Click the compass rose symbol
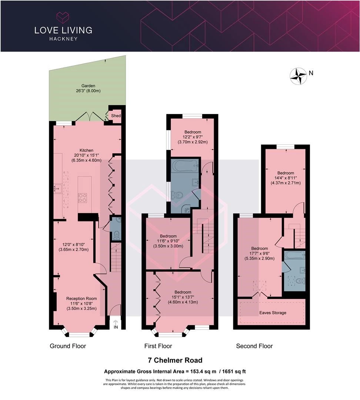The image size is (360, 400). coord(298,76)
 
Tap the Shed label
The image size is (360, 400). coord(116,116)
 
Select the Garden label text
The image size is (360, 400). coord(88,86)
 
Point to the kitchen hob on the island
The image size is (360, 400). coord(83,198)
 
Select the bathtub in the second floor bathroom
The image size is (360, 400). coord(295,254)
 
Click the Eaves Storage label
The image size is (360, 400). coord(273,313)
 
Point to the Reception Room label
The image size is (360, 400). coord(81,299)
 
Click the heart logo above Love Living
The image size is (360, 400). coord(63,17)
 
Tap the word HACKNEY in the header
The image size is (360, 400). coord(63,39)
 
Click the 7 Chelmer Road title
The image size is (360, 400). coord(175,360)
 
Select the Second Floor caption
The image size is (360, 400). coord(254,346)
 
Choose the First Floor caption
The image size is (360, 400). coord(158,346)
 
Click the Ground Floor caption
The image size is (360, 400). coord(68,346)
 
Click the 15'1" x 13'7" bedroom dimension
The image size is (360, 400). coord(183,297)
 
